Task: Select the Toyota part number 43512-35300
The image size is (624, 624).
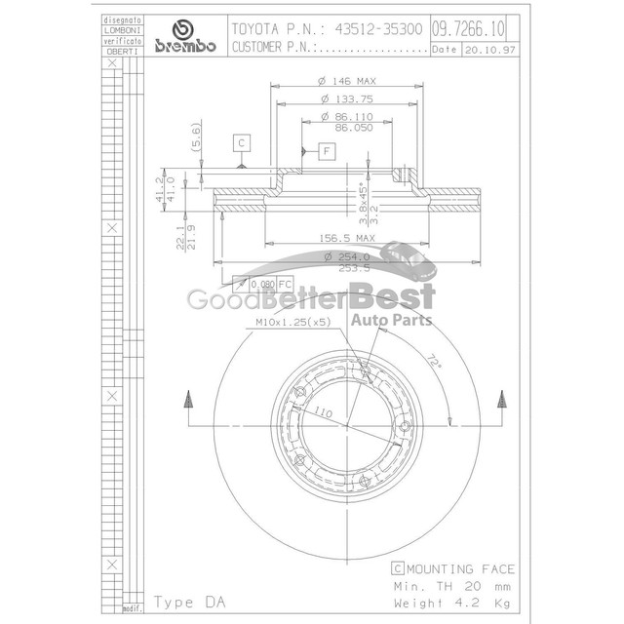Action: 374,29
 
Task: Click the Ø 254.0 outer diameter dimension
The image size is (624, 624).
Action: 347,255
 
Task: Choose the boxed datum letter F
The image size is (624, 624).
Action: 326,150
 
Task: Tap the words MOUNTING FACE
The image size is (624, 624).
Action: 460,568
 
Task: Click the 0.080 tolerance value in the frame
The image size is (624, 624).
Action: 263,284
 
